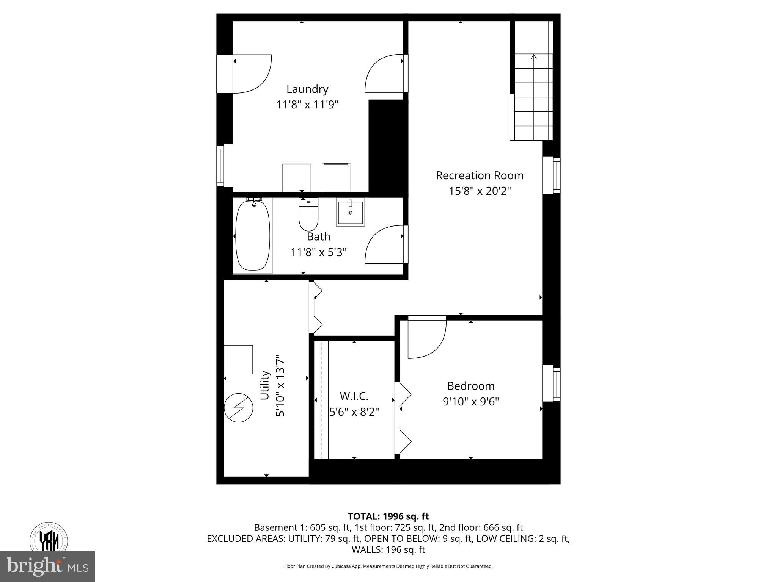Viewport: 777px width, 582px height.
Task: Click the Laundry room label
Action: click(307, 89)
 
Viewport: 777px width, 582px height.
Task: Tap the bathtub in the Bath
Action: click(253, 236)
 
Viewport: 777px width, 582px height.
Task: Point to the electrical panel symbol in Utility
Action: click(238, 408)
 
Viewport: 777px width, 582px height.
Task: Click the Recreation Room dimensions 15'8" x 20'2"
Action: click(480, 191)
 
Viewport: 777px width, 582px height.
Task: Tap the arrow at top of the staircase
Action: click(534, 57)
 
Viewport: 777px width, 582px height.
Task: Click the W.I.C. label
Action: click(354, 396)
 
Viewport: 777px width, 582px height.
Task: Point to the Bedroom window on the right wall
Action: click(552, 383)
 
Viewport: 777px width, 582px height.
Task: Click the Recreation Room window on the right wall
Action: click(552, 175)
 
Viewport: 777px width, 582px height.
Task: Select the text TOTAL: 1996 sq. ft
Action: click(388, 516)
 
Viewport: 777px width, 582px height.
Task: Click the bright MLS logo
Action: click(47, 566)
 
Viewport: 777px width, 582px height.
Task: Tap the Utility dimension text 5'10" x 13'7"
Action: click(280, 386)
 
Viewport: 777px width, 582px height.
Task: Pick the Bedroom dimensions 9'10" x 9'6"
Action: click(470, 401)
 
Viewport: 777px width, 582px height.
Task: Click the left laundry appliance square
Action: click(296, 178)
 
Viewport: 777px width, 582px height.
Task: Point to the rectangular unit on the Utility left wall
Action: click(238, 359)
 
